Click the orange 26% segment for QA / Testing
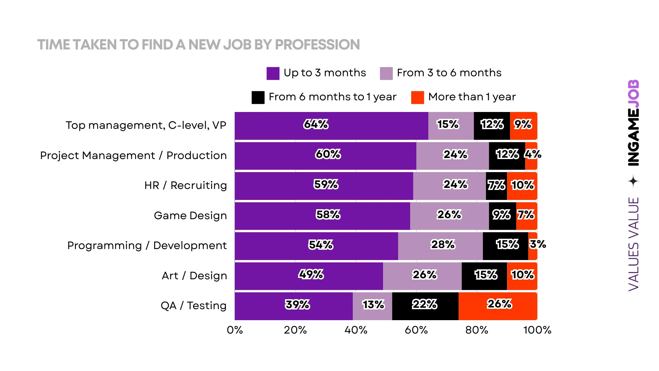pyautogui.click(x=498, y=306)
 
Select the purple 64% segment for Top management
pyautogui.click(x=331, y=126)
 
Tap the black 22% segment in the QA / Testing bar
pyautogui.click(x=425, y=306)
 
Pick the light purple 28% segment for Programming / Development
pyautogui.click(x=440, y=246)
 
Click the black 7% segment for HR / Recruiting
pyautogui.click(x=496, y=186)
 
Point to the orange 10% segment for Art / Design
pyautogui.click(x=522, y=276)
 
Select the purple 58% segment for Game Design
pyautogui.click(x=322, y=216)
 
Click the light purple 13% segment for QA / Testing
pyautogui.click(x=372, y=306)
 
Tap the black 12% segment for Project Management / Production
pyautogui.click(x=507, y=156)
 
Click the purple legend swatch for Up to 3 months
pyautogui.click(x=273, y=73)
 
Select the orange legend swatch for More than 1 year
pyautogui.click(x=417, y=97)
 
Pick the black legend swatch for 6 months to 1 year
pyautogui.click(x=258, y=97)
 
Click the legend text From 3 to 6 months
pyautogui.click(x=449, y=73)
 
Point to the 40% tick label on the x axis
pyautogui.click(x=356, y=330)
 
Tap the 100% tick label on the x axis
pyautogui.click(x=537, y=330)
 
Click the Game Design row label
pyautogui.click(x=190, y=216)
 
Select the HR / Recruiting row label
pyautogui.click(x=185, y=185)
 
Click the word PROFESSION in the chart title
pyautogui.click(x=317, y=45)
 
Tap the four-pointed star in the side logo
pyautogui.click(x=633, y=181)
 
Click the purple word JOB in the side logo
pyautogui.click(x=633, y=94)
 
